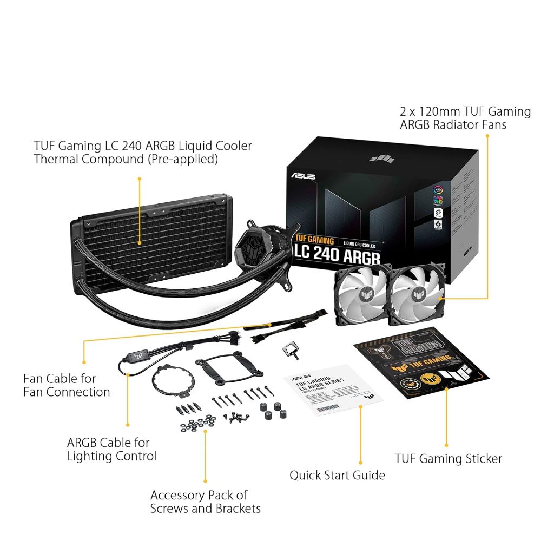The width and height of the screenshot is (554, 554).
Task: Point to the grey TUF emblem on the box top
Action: click(380, 157)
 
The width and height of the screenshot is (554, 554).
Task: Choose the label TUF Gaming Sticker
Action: click(448, 459)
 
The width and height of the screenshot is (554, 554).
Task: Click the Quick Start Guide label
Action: click(337, 475)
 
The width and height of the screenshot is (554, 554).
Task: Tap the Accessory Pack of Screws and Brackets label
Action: click(205, 502)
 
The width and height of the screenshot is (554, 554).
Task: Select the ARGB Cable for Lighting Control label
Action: click(111, 449)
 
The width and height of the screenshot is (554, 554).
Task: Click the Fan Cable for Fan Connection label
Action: click(67, 385)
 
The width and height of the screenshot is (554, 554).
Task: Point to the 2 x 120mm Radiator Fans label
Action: click(465, 118)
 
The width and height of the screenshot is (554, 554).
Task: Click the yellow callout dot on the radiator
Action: click(140, 243)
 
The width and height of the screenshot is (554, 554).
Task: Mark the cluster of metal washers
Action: click(197, 423)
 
